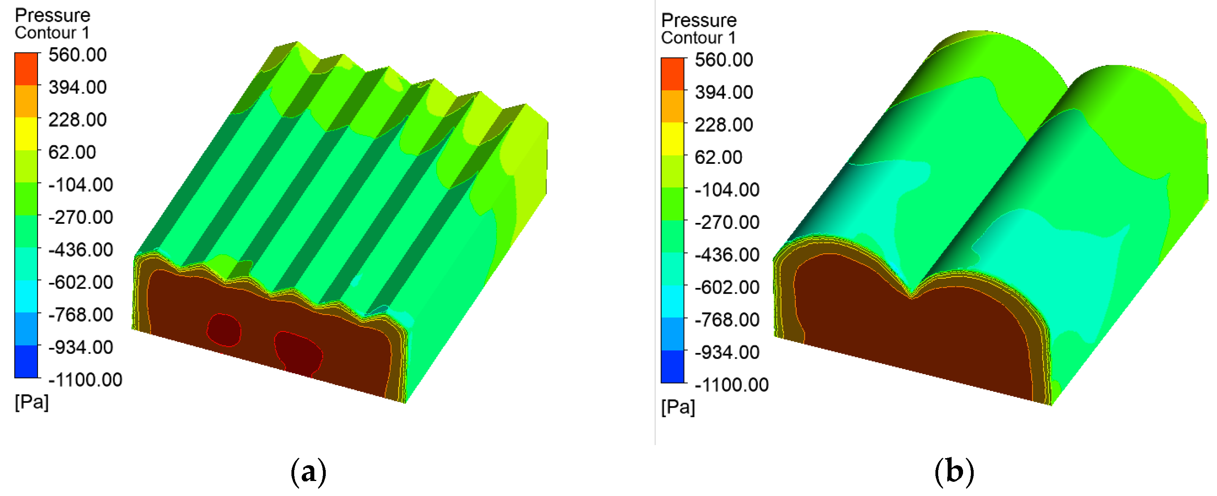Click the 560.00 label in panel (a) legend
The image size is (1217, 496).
pyautogui.click(x=77, y=55)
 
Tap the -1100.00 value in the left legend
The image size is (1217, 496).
pyautogui.click(x=85, y=380)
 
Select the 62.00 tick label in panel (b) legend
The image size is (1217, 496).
pyautogui.click(x=718, y=157)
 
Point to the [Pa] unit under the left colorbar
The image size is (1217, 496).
pyautogui.click(x=32, y=402)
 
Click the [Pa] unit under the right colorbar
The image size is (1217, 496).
pyautogui.click(x=678, y=407)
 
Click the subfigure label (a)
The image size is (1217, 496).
pyautogui.click(x=308, y=472)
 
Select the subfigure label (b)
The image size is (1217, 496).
pyautogui.click(x=954, y=472)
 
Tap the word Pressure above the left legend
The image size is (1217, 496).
pyautogui.click(x=52, y=15)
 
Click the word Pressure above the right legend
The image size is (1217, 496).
pyautogui.click(x=699, y=21)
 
